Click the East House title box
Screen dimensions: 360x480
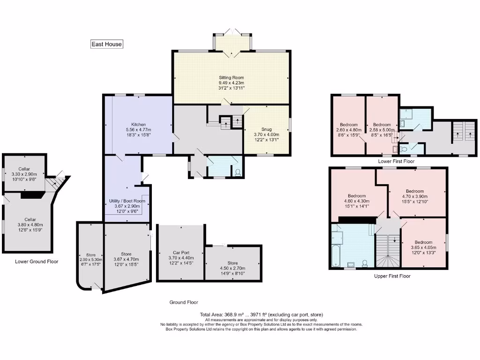106,44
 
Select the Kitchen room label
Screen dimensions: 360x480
138,129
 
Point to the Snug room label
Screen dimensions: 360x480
266,134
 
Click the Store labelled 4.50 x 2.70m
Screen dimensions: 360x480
232,268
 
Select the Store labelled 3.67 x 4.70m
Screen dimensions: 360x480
126,259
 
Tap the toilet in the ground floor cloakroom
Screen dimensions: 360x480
237,172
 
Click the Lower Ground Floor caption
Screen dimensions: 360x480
37,262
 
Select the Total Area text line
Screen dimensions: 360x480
261,314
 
